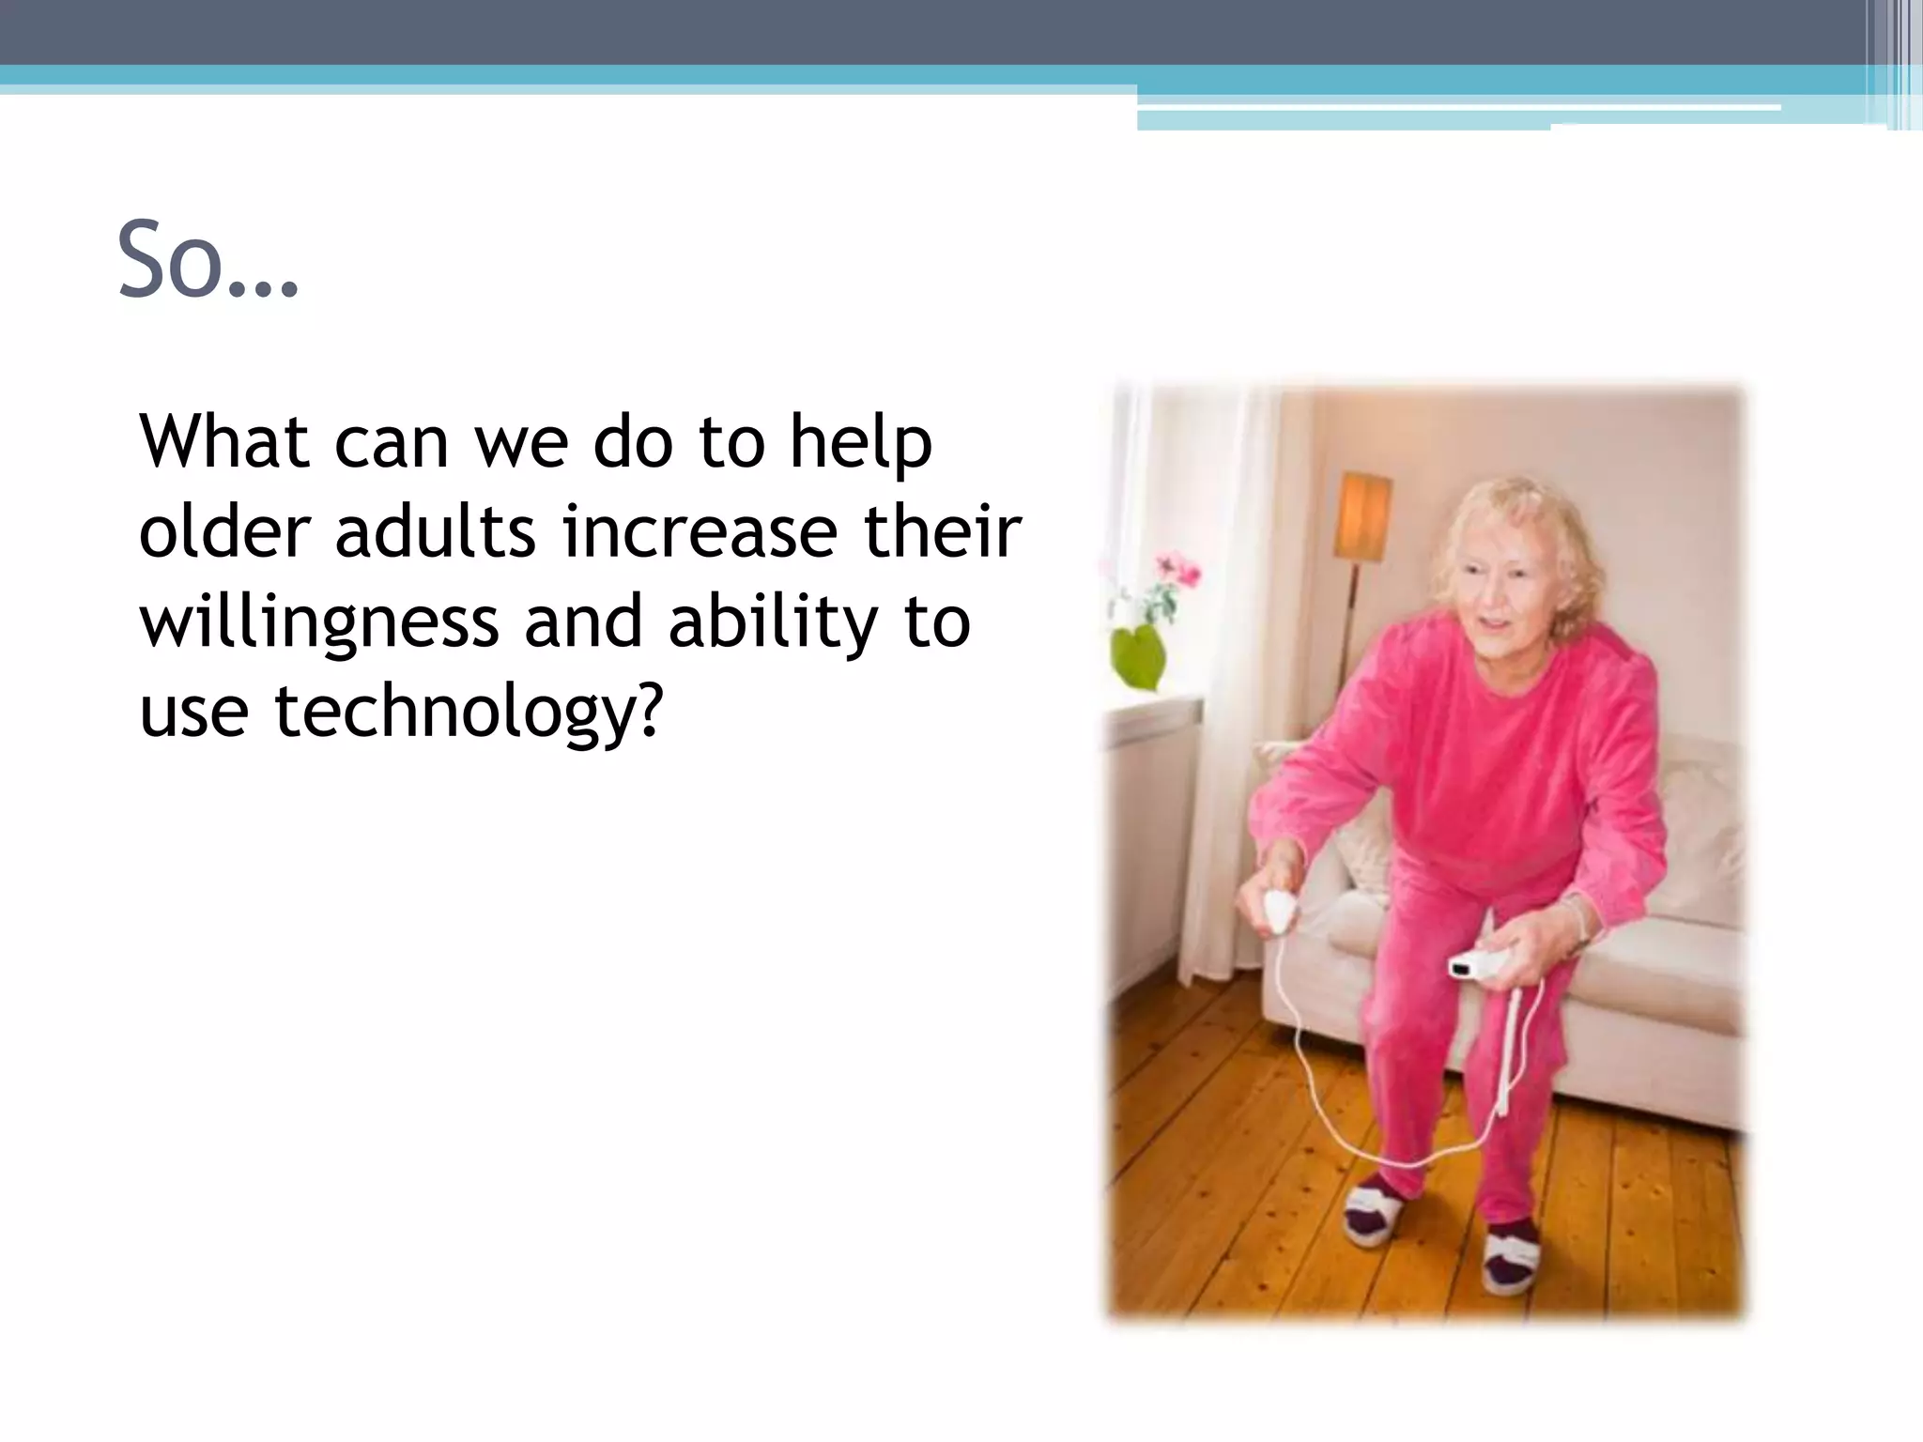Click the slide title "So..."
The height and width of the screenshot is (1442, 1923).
tap(208, 260)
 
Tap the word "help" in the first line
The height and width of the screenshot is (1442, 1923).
tap(860, 443)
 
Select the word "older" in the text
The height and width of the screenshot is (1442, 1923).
tap(223, 531)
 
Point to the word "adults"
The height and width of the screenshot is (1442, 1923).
tap(435, 531)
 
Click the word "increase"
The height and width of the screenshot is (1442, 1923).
tap(699, 531)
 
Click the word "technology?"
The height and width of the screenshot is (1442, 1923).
tap(469, 712)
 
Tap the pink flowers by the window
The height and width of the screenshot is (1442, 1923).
tap(1177, 569)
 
